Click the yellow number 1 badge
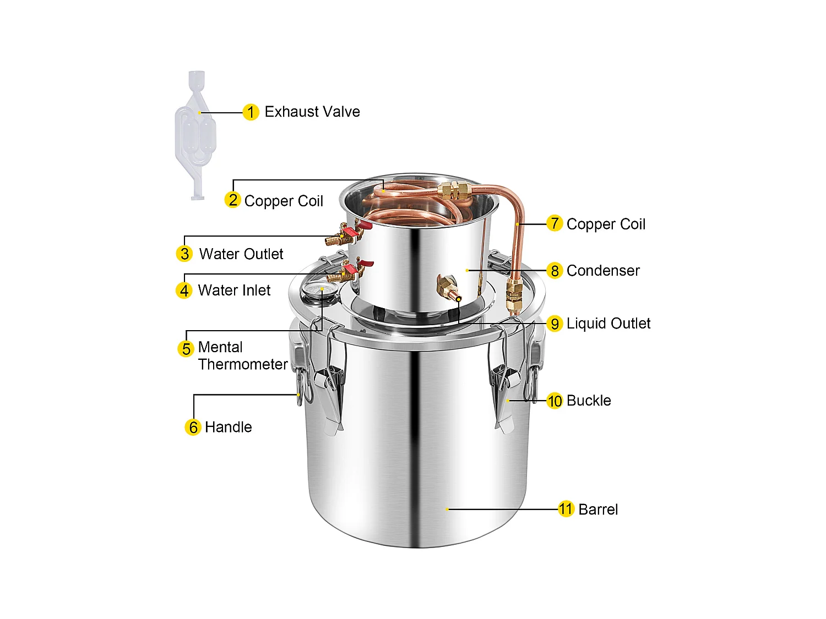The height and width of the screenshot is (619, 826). [x=251, y=112]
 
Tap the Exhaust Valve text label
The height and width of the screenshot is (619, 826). [x=312, y=112]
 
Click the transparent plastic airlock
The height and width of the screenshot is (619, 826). [x=195, y=135]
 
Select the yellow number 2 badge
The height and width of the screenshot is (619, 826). [x=233, y=200]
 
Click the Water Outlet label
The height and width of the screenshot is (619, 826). [x=241, y=254]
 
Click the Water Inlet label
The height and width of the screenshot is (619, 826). [x=234, y=291]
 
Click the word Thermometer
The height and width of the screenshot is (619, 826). [x=243, y=364]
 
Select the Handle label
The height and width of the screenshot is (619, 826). [x=228, y=428]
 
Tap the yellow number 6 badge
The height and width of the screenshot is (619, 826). [x=193, y=428]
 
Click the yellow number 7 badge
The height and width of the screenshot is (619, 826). [x=555, y=223]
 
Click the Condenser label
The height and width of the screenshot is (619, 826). [x=603, y=271]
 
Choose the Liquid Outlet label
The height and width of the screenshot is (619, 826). [x=608, y=324]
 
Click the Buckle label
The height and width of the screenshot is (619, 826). [x=589, y=401]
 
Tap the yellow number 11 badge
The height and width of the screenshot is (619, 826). [x=566, y=509]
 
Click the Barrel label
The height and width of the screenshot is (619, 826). [x=598, y=510]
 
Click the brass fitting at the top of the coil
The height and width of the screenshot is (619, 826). [x=454, y=190]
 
